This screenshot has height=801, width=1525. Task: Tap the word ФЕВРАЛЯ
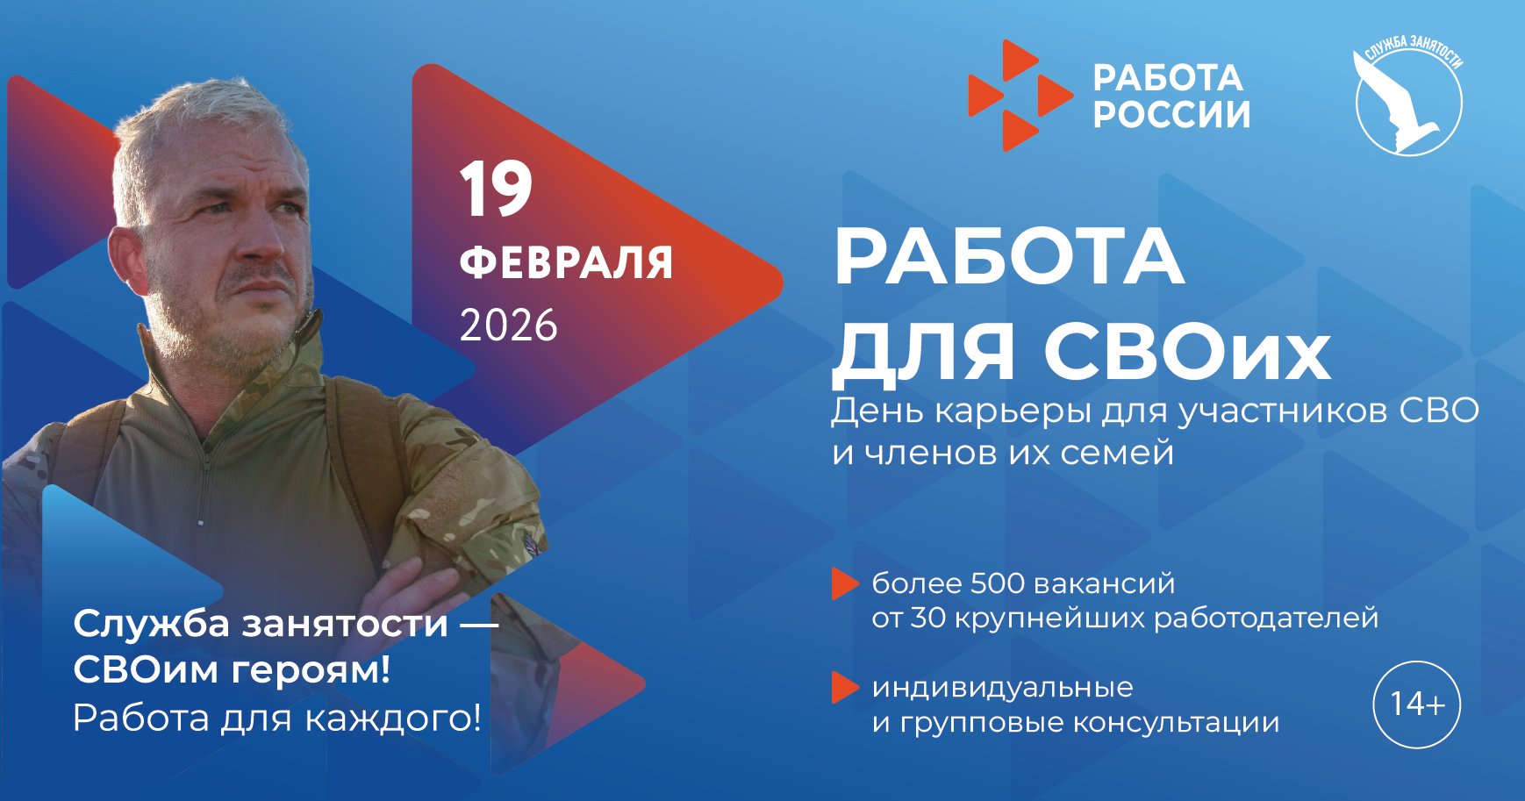(566, 262)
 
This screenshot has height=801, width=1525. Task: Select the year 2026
(508, 325)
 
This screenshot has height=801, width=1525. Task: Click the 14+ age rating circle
(1416, 704)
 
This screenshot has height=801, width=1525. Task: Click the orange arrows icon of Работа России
(1018, 96)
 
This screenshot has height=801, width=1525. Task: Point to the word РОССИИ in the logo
(1171, 115)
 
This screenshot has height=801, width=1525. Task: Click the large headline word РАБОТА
(1009, 257)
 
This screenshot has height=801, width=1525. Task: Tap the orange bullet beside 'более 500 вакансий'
(844, 583)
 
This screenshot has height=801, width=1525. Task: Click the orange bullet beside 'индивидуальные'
(844, 688)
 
